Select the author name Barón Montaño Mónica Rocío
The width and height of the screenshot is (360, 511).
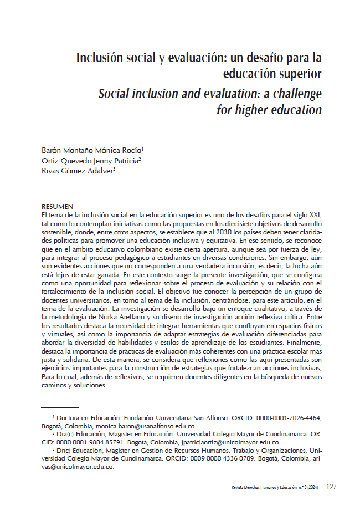(92, 150)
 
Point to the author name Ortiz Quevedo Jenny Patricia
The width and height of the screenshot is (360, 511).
(92, 161)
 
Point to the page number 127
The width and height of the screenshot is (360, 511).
(331, 487)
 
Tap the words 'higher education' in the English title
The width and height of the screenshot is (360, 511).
(269, 109)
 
